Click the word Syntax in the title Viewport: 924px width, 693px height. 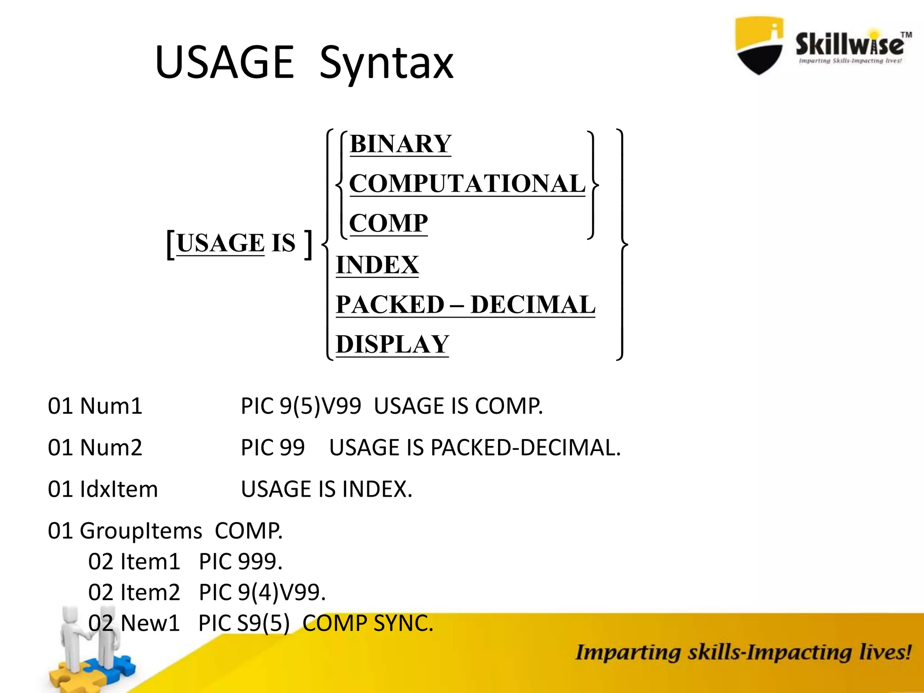point(386,63)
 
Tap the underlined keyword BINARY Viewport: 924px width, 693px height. point(400,144)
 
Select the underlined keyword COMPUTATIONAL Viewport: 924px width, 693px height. point(467,184)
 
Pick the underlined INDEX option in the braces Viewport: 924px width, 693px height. point(377,265)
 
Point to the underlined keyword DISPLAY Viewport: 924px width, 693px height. point(392,344)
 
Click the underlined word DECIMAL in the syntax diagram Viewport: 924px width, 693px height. point(532,305)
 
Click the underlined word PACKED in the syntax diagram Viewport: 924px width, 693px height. point(390,305)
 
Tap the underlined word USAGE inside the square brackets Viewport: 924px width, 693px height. point(220,243)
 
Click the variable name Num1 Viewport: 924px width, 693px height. point(111,406)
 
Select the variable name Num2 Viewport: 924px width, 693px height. point(111,448)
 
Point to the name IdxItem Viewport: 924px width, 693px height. point(119,489)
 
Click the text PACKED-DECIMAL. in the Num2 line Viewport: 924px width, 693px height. point(525,448)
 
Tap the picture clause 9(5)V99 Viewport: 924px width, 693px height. point(320,406)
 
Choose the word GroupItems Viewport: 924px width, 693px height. point(140,531)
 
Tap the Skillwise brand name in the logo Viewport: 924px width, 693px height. point(850,44)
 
